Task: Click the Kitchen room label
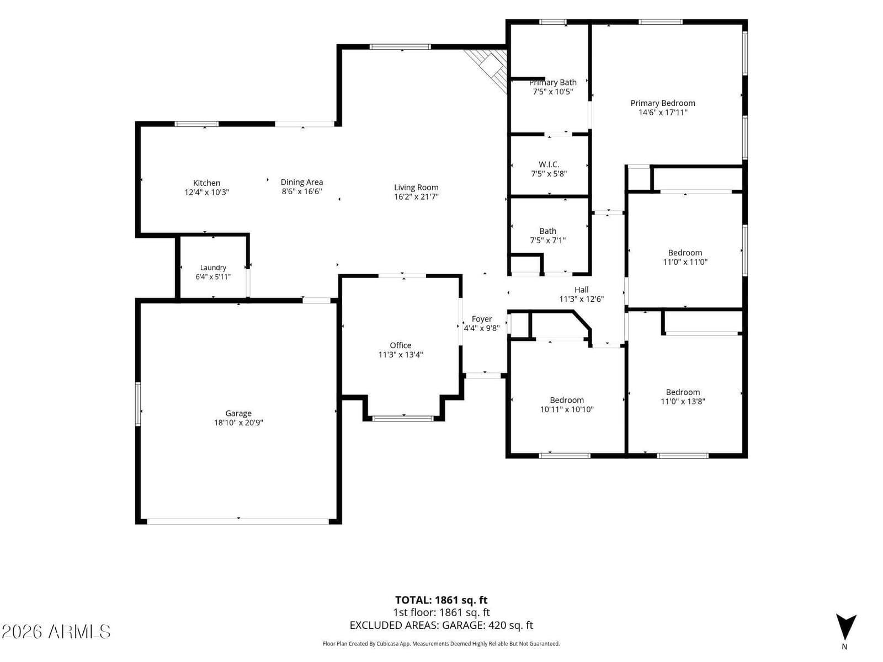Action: [206, 183]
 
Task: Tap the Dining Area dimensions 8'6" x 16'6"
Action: [302, 191]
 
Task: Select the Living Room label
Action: [416, 188]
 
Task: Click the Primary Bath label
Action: [553, 82]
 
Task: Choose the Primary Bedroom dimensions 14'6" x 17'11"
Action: [663, 113]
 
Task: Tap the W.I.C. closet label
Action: [549, 164]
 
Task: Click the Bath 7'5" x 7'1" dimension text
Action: [547, 241]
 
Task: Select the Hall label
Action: [581, 290]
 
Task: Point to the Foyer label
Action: [482, 319]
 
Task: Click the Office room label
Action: [400, 345]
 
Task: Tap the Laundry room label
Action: [213, 268]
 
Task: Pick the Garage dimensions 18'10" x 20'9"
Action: [238, 423]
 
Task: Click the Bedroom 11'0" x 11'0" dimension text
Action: [685, 262]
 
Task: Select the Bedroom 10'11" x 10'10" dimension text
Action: [566, 409]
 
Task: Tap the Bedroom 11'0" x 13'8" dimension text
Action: [683, 401]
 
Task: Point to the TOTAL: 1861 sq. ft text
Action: [441, 600]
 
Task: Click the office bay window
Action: [403, 418]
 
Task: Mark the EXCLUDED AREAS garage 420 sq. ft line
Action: [441, 626]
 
